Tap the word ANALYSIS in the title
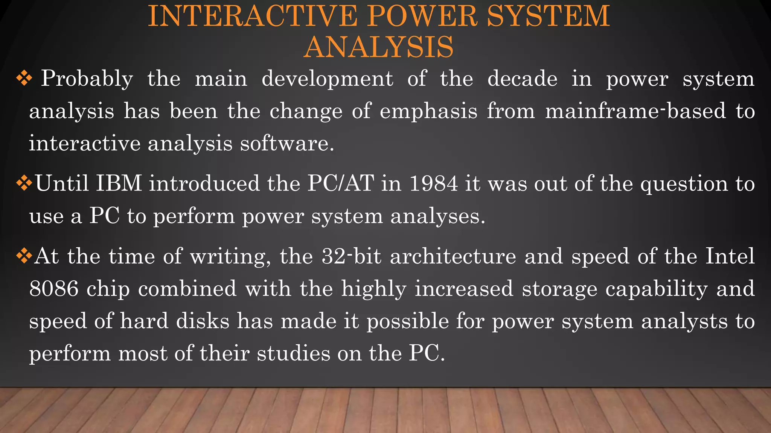point(378,47)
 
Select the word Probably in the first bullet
point(87,79)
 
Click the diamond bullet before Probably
point(24,79)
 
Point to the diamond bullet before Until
point(24,183)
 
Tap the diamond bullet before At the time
point(24,256)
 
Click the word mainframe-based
point(635,111)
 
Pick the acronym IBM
point(119,183)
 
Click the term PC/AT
point(340,183)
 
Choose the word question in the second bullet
point(684,184)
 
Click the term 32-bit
point(352,256)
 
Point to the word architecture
point(453,256)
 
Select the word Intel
point(730,256)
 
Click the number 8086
point(54,289)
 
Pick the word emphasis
point(428,112)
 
